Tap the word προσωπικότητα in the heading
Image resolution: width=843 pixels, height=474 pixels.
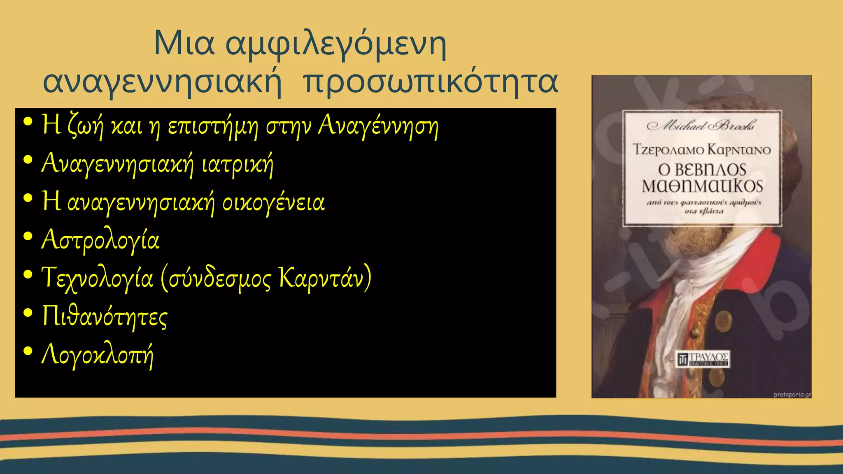[430, 81]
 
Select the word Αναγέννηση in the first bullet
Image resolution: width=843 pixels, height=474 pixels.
[378, 125]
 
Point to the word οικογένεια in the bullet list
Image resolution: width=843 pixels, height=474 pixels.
[273, 202]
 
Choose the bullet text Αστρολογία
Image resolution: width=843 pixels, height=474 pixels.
[100, 240]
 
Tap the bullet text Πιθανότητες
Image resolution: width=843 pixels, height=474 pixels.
[105, 316]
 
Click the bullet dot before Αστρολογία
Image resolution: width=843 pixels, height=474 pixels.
[28, 237]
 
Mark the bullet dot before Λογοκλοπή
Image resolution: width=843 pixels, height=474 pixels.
[28, 351]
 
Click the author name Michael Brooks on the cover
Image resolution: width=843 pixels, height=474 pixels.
[701, 125]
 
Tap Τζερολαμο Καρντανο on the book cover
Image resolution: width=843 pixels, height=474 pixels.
[702, 149]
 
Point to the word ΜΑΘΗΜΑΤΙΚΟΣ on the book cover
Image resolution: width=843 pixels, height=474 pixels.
[702, 186]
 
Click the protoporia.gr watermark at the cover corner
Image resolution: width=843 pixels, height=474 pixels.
[791, 395]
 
